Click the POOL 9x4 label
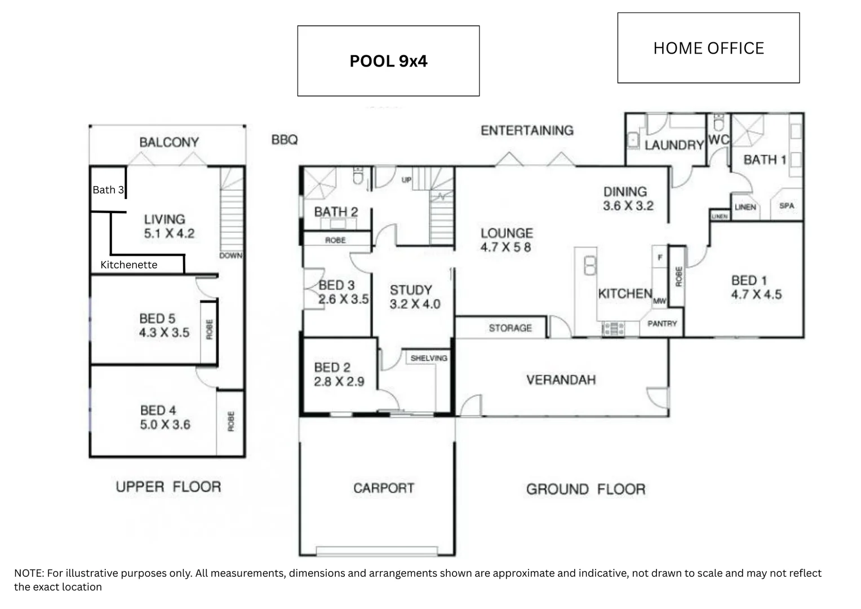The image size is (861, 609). point(388,61)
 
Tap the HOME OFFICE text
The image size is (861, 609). point(708,48)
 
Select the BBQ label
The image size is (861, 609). point(285,140)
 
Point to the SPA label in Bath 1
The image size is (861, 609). point(787,206)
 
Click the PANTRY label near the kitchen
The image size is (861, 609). point(662,324)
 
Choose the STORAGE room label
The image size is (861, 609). point(510,328)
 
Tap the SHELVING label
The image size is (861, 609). point(429,358)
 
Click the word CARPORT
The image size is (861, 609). point(384,488)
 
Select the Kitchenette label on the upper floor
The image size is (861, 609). point(128,265)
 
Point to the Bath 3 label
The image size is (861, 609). point(108,190)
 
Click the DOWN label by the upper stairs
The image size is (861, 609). point(231,255)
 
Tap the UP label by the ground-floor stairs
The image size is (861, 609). point(406,180)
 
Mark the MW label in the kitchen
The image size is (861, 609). point(659,301)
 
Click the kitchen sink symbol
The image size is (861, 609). point(590,265)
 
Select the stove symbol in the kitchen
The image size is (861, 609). point(613,328)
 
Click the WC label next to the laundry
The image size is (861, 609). point(718,140)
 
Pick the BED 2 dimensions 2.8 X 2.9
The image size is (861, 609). point(339,382)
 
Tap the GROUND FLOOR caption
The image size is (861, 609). point(585,489)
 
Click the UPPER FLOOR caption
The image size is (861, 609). point(168,487)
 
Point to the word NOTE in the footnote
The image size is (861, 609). point(28,573)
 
